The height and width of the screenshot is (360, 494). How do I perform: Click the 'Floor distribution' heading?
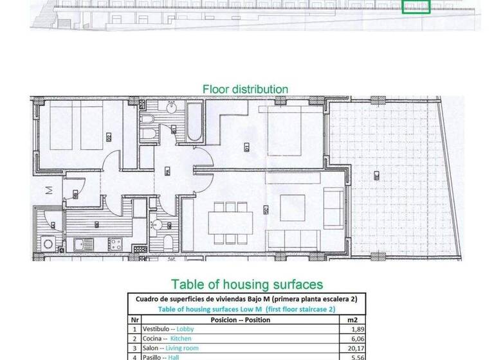click(x=245, y=89)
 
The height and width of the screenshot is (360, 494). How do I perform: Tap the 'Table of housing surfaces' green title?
click(x=246, y=284)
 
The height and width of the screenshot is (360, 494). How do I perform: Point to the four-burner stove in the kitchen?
click(x=116, y=244)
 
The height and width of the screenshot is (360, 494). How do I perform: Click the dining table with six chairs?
click(x=230, y=222)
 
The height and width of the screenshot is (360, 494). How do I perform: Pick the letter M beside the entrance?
click(x=48, y=190)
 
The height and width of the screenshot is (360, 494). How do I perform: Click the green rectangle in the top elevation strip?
click(x=416, y=6)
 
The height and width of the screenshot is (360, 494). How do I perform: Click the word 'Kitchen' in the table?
click(x=181, y=339)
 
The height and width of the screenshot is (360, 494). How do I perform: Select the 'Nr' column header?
click(x=134, y=319)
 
